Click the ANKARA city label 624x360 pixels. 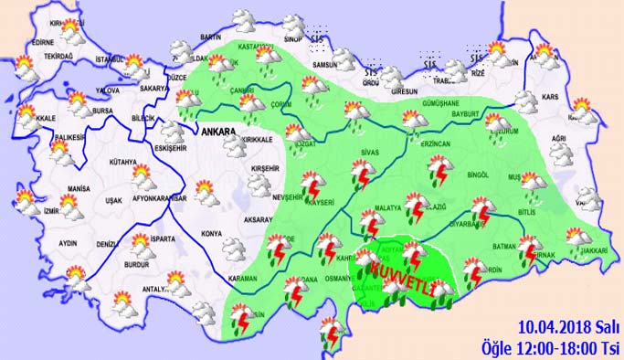(x=216, y=131)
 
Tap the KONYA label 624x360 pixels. (x=214, y=206)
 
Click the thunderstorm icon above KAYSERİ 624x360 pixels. (x=312, y=184)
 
